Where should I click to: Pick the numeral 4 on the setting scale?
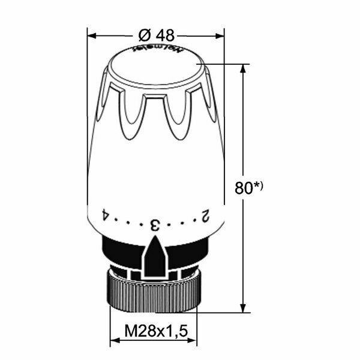[104, 214]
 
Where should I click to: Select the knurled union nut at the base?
[154, 295]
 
